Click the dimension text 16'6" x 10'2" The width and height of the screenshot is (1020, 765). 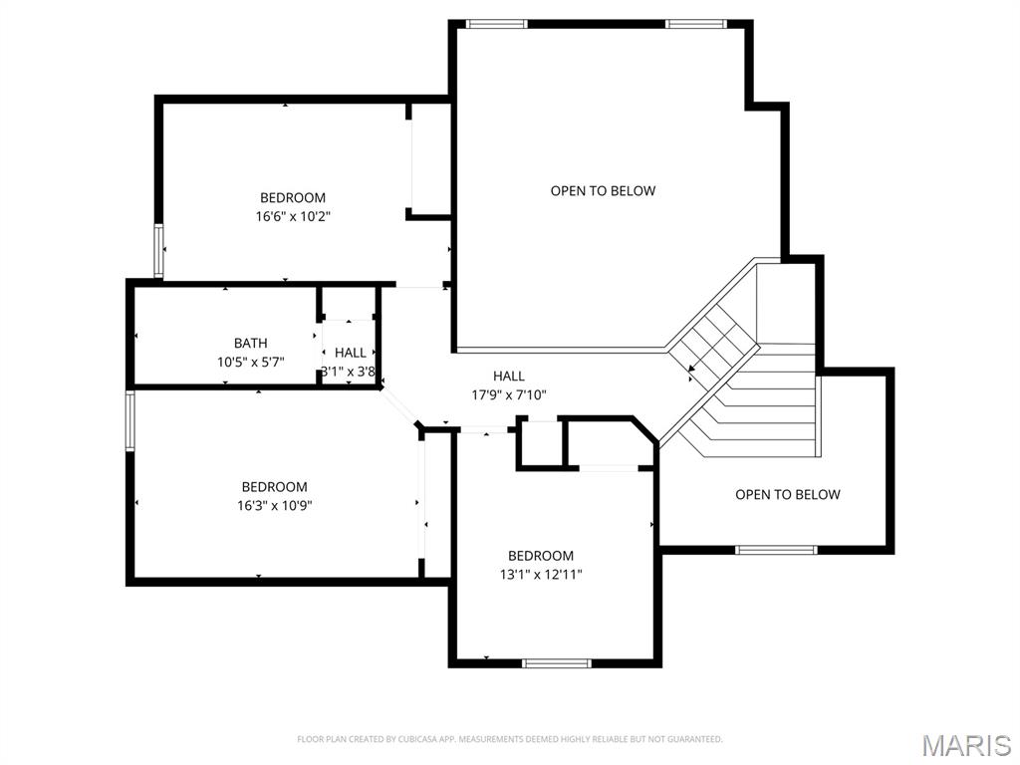point(293,216)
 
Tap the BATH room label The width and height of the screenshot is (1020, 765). point(251,344)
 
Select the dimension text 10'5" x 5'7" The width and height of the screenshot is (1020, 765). point(251,363)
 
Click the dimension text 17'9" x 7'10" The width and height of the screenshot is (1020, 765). point(509,394)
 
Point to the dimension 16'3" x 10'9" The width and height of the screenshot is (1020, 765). point(274,505)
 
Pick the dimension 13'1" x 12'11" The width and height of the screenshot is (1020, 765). point(541,574)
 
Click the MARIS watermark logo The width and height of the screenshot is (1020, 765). point(966,745)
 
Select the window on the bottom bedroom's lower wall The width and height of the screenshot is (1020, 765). point(557,662)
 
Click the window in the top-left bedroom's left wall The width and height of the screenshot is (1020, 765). point(157,250)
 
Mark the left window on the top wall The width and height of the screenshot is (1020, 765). point(497,24)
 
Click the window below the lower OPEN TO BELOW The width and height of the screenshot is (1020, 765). point(776,549)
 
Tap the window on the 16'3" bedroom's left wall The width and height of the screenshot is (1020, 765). point(129,421)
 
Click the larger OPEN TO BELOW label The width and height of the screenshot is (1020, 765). point(603,190)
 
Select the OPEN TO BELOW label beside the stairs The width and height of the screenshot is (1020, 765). point(787,494)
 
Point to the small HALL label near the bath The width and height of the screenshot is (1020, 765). point(350,353)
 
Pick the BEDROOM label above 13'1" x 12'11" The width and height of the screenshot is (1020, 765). point(541,556)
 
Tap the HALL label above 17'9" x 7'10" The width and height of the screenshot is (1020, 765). point(509,376)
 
